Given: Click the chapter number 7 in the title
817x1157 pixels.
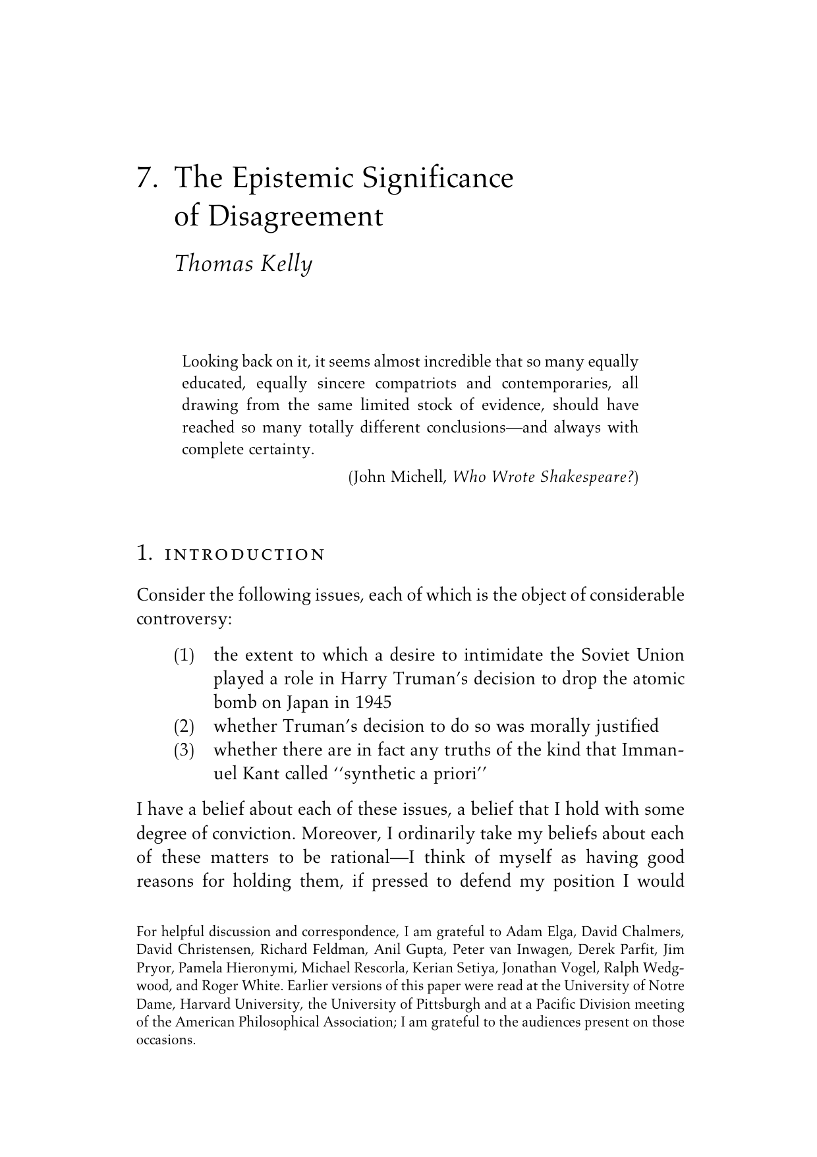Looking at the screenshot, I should [144, 179].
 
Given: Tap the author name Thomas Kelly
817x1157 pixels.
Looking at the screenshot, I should [242, 264].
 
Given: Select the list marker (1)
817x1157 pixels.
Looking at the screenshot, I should [184, 656].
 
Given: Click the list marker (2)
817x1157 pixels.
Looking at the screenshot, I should [184, 727].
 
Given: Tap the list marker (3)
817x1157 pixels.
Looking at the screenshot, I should [184, 751].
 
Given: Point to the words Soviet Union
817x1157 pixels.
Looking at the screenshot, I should [633, 655].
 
